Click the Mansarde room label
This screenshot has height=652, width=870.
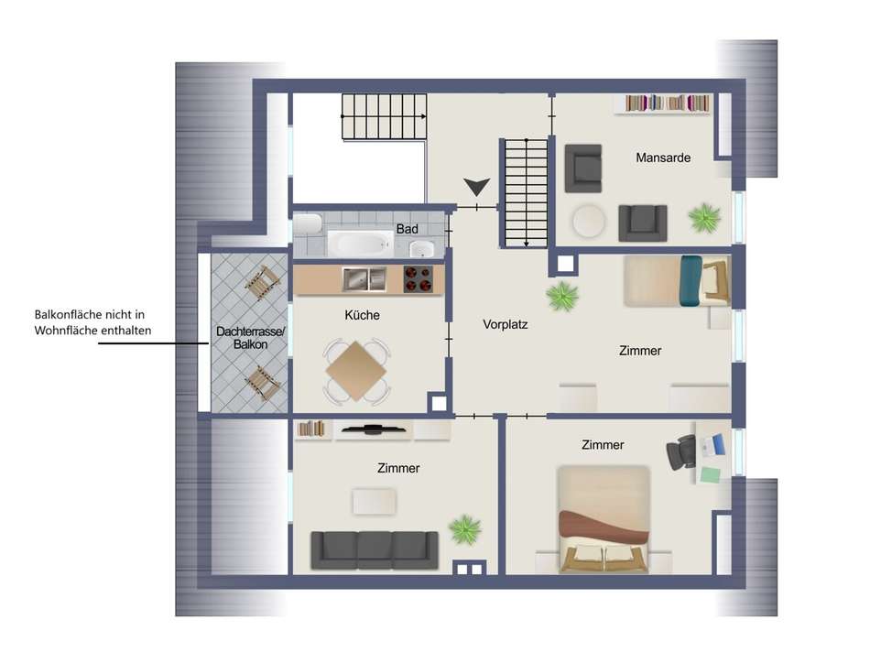pos(663,158)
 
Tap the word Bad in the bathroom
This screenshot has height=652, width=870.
pos(407,228)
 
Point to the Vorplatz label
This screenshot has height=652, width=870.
pos(506,324)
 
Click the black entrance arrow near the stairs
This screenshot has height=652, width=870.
pos(475,187)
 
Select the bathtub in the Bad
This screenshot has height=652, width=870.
pos(360,244)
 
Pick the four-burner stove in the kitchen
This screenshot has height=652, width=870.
pos(419,278)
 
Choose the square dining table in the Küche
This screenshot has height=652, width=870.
pos(355,371)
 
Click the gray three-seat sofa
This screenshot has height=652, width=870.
pos(374,549)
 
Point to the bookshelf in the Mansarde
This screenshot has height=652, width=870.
pos(667,104)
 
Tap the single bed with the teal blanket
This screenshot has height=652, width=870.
pos(676,280)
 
